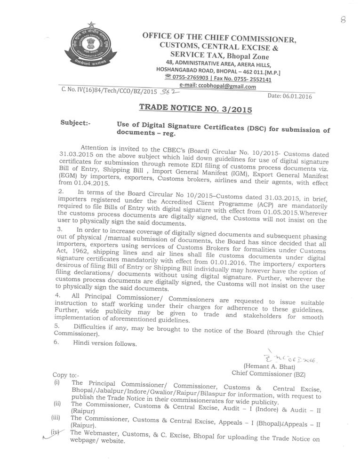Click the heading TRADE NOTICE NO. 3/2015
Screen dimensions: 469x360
pyautogui.click(x=195, y=109)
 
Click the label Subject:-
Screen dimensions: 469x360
pyautogui.click(x=75, y=123)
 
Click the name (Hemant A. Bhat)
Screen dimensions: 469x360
pyautogui.click(x=269, y=366)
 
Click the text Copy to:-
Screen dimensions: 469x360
pyautogui.click(x=66, y=375)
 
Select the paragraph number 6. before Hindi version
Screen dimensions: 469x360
pyautogui.click(x=56, y=343)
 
